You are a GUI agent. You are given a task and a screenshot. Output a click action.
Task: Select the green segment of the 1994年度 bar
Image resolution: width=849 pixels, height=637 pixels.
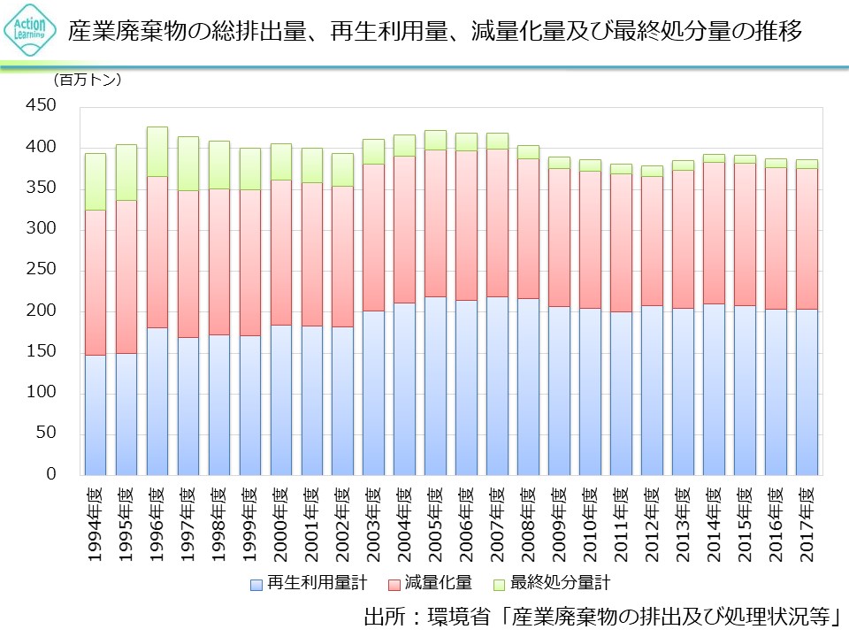[95, 181]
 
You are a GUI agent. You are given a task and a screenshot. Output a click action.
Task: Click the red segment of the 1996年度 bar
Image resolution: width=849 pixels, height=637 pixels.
[157, 251]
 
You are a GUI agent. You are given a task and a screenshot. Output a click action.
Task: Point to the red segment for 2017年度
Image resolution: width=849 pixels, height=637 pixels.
[806, 238]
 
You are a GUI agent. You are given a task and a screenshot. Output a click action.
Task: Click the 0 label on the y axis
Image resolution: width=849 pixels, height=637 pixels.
[50, 474]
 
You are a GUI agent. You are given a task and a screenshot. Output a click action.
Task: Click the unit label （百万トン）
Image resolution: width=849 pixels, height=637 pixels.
[88, 80]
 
